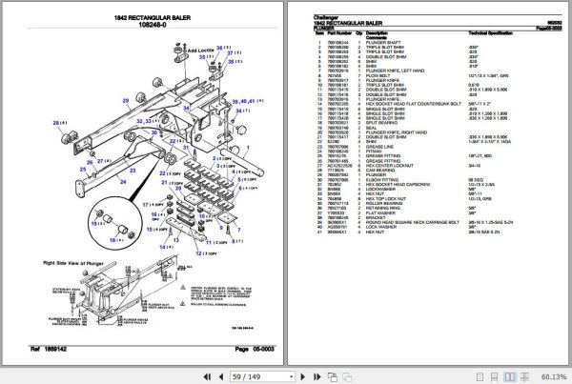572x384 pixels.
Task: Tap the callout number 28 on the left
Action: coord(56,121)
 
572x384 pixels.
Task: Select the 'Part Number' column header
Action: coord(340,31)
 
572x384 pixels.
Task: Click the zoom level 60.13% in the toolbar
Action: coord(554,375)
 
